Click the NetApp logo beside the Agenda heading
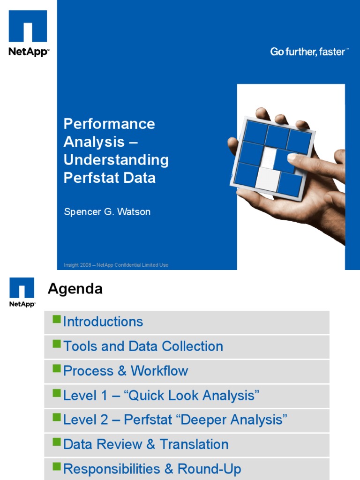(22, 292)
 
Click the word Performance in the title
(109, 124)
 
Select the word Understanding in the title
(116, 160)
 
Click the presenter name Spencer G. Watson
(107, 212)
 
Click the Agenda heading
(75, 289)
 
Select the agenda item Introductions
(103, 322)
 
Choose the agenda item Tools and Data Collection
(143, 346)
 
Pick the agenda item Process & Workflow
(125, 371)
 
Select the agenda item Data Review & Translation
(146, 444)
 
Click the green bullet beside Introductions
(57, 320)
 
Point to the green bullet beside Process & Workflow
(57, 368)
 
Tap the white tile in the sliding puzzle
(268, 177)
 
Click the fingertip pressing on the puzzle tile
(292, 157)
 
